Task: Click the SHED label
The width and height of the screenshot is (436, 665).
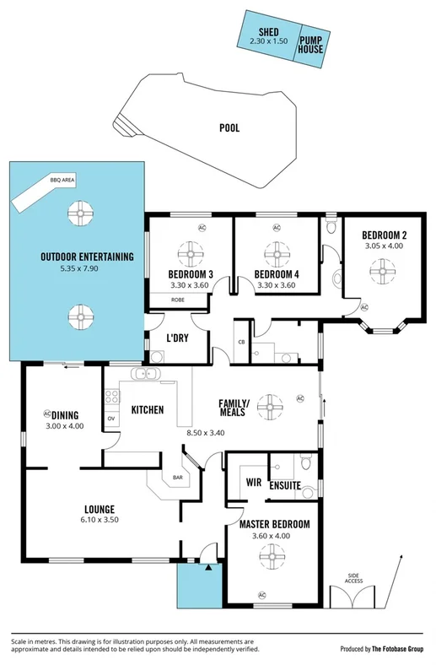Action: tap(268, 31)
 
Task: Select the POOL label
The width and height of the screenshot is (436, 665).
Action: tap(229, 128)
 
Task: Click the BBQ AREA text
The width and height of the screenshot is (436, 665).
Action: tap(62, 181)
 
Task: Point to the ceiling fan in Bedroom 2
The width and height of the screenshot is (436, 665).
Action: tap(382, 268)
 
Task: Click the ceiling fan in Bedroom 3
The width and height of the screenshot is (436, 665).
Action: tap(190, 252)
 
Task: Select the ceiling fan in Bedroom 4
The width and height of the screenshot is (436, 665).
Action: tap(275, 252)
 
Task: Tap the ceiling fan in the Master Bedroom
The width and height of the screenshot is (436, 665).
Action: tap(275, 554)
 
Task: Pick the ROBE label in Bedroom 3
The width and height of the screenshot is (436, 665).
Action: tap(178, 300)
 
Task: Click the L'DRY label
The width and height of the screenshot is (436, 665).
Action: tap(177, 338)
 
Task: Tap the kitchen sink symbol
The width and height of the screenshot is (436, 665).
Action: tap(144, 374)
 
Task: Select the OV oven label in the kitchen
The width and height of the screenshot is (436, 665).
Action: tap(110, 418)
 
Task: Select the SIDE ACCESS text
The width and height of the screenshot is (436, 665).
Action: tap(353, 579)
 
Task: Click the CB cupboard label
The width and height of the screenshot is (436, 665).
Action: tap(241, 342)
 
